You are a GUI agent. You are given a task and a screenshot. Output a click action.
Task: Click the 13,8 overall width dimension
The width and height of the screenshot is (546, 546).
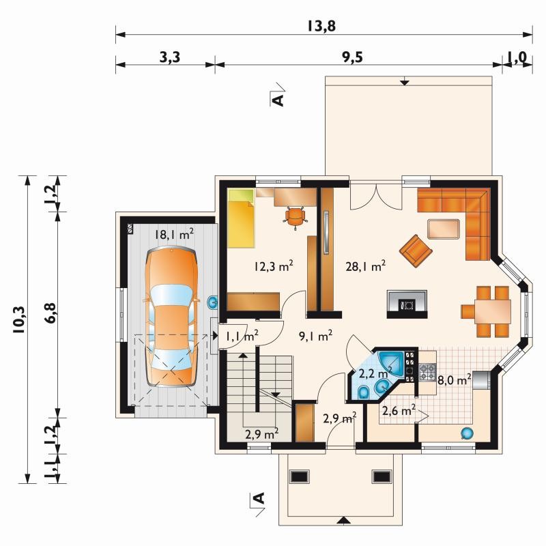click(321, 26)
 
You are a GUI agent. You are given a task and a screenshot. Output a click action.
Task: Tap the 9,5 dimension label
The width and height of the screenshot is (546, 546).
click(352, 57)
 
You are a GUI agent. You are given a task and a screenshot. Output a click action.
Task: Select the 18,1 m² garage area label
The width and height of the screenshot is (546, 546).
click(174, 234)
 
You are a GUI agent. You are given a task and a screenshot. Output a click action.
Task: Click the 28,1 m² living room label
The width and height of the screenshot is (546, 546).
click(366, 266)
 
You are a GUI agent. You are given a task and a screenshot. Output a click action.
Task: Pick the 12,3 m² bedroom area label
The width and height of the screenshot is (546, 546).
click(274, 266)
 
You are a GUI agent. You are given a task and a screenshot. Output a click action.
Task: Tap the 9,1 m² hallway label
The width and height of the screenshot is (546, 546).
click(315, 336)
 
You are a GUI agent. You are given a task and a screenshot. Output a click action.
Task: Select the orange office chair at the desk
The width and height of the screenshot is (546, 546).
click(296, 217)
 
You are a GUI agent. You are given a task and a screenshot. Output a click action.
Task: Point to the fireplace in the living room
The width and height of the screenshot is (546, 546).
click(407, 304)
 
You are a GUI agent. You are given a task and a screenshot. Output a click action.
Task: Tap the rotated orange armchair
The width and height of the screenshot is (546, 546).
click(416, 250)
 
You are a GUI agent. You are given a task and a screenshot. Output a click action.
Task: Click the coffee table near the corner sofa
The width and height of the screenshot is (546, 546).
click(444, 229)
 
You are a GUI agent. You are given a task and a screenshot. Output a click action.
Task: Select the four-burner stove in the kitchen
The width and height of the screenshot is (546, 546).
click(427, 371)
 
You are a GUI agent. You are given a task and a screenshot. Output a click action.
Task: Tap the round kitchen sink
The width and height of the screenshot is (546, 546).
click(467, 433)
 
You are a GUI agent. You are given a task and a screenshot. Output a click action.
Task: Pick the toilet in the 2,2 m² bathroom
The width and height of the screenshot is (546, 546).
click(364, 392)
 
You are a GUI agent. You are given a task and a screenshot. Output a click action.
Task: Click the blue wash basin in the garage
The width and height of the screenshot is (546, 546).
click(212, 303)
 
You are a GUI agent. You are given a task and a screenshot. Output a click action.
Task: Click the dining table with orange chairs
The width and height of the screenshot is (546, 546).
click(486, 311)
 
